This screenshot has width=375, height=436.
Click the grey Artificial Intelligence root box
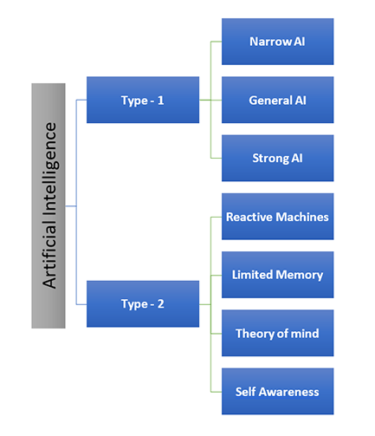point(48,205)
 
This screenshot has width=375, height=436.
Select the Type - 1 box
point(143,100)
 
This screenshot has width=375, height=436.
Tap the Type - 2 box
point(143,304)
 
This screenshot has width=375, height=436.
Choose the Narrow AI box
point(277,41)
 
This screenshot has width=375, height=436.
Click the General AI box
point(277,100)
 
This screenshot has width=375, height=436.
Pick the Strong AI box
point(277,158)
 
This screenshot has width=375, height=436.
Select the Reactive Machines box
point(277,217)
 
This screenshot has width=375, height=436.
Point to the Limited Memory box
point(277,275)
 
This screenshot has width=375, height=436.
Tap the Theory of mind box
point(277,334)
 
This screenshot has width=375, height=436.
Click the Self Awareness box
point(277,392)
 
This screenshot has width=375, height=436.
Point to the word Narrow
point(268,41)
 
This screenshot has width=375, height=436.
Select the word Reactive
point(251,217)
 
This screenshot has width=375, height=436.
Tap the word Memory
point(300,275)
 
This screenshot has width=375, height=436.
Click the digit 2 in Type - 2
point(162,304)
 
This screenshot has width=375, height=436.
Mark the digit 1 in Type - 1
point(161,100)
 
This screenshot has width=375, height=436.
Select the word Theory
point(255,334)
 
